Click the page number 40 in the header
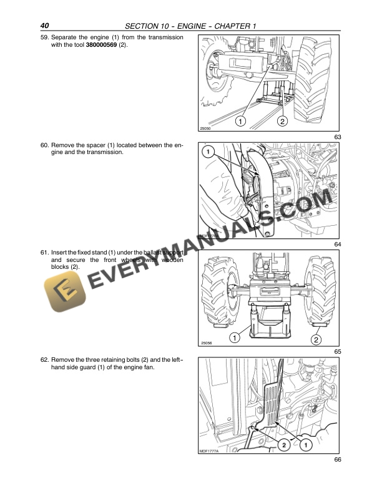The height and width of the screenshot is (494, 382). pos(44,26)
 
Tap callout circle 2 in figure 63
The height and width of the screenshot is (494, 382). pos(282,120)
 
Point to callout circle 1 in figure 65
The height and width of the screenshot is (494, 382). pos(234,338)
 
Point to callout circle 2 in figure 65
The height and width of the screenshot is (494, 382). pos(316,340)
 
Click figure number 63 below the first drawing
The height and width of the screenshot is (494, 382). pos(338,137)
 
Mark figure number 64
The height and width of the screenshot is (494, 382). pos(338,244)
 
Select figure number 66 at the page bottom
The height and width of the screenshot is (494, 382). pos(338,460)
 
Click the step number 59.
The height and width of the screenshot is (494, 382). pos(44,38)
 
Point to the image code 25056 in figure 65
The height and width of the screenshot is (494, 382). pos(207,344)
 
